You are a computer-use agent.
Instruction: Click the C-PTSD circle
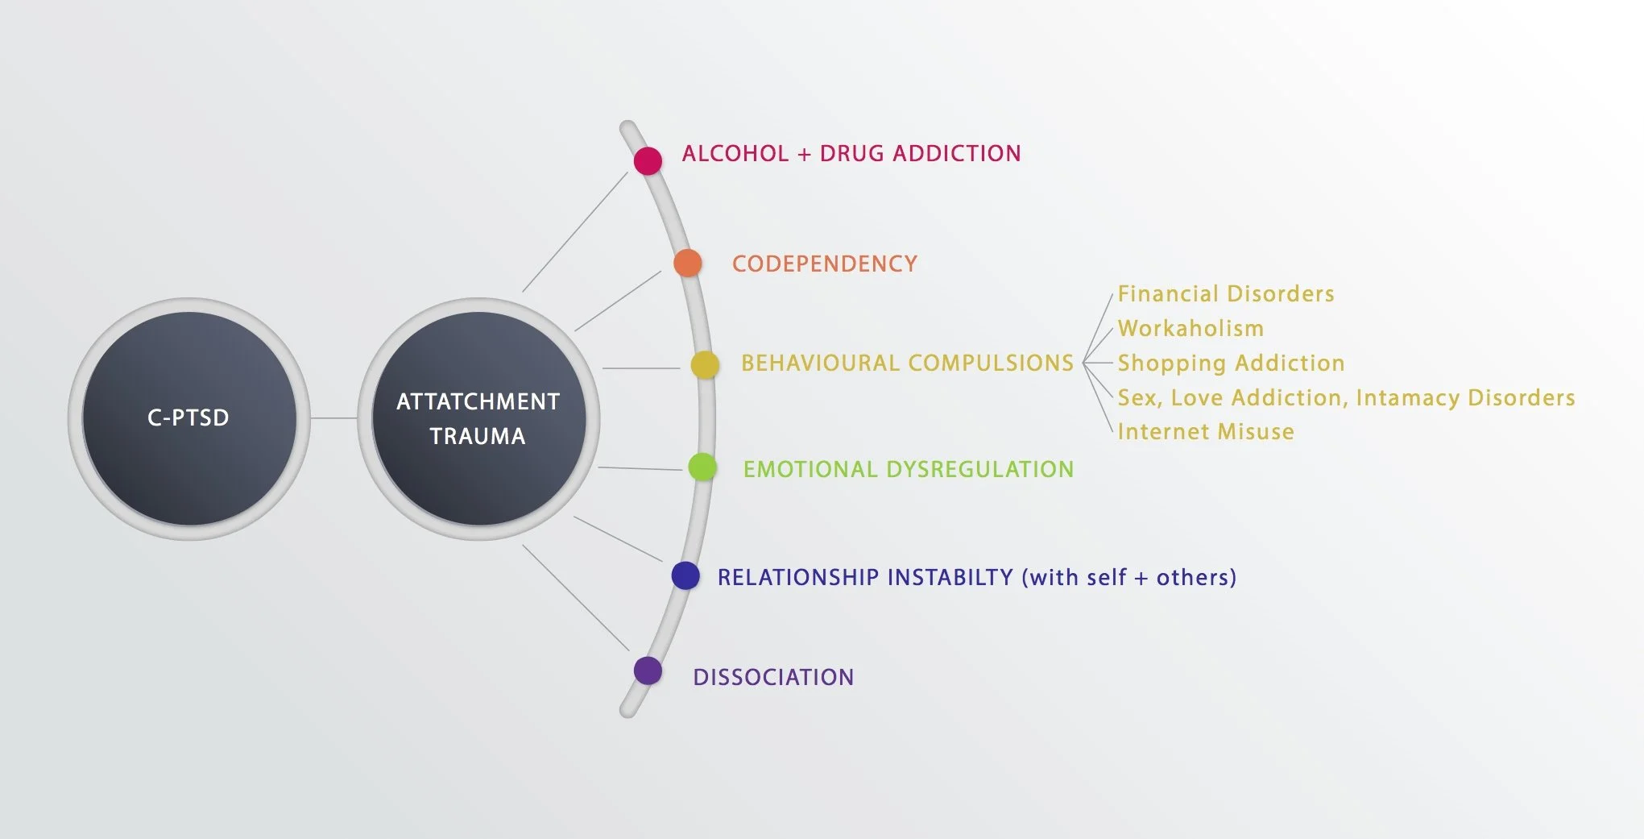[189, 418]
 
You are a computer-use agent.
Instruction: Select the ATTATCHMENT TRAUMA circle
[478, 418]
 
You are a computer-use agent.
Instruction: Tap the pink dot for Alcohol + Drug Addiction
[648, 160]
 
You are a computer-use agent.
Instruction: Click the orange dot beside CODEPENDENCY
[687, 263]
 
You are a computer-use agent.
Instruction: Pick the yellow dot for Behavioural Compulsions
[705, 364]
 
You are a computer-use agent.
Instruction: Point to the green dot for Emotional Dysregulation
[702, 467]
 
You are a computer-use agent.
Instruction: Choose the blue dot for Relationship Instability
[685, 575]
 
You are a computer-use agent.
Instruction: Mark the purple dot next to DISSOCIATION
[648, 671]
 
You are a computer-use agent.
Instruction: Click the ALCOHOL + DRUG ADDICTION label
[851, 154]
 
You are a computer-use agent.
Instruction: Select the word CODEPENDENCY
[825, 264]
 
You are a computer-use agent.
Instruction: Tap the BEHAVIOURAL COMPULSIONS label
[907, 363]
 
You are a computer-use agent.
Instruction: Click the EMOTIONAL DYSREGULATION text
[909, 470]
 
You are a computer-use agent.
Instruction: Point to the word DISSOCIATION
[773, 677]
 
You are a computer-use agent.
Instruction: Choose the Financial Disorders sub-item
[1226, 294]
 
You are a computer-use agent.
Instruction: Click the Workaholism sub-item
[1191, 329]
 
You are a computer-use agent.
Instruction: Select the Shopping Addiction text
[1231, 363]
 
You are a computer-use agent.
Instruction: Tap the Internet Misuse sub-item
[1206, 432]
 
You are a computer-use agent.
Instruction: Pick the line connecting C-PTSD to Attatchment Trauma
[333, 418]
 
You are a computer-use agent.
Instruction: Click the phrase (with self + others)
[1128, 578]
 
